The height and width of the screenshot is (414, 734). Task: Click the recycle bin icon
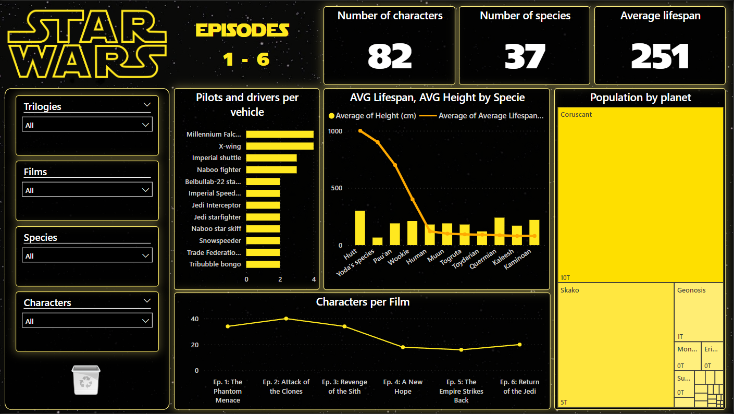(x=86, y=380)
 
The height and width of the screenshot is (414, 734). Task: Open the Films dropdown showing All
(x=87, y=190)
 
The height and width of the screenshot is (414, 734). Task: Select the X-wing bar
(x=280, y=146)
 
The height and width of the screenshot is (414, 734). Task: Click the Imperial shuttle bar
(x=271, y=158)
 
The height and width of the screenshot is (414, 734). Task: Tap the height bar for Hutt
(x=360, y=228)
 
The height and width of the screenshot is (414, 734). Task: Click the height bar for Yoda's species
(x=378, y=241)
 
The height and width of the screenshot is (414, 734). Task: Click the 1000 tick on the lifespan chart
(x=335, y=131)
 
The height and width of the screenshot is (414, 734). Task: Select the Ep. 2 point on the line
(x=286, y=319)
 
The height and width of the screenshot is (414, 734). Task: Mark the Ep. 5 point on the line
(x=461, y=349)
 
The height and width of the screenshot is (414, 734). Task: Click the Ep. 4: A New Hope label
(x=403, y=386)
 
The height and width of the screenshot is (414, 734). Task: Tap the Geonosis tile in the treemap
(x=699, y=312)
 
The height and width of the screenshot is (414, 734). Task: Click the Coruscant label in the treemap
(x=576, y=115)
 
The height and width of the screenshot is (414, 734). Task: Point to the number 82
(x=390, y=56)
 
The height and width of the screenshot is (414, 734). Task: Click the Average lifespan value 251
(x=660, y=56)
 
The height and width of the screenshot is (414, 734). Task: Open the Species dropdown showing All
(x=87, y=255)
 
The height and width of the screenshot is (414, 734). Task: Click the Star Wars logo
(x=86, y=46)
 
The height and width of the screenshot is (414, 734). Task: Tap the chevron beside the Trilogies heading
(x=146, y=105)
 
